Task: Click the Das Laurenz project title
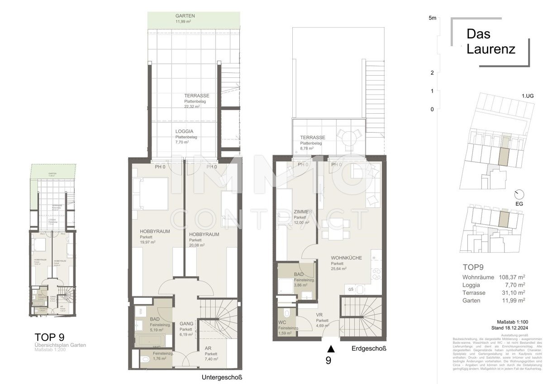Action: (x=491, y=41)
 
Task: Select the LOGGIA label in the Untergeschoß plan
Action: (x=186, y=131)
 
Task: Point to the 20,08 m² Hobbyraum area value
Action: (x=197, y=245)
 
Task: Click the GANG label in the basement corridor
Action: (x=186, y=324)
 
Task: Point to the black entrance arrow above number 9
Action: (x=331, y=348)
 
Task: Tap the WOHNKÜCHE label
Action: (x=346, y=258)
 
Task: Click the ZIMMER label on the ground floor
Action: (x=301, y=211)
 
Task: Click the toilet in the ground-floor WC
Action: (x=286, y=313)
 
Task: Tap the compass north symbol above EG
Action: (x=519, y=194)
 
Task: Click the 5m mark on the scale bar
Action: (x=432, y=18)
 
